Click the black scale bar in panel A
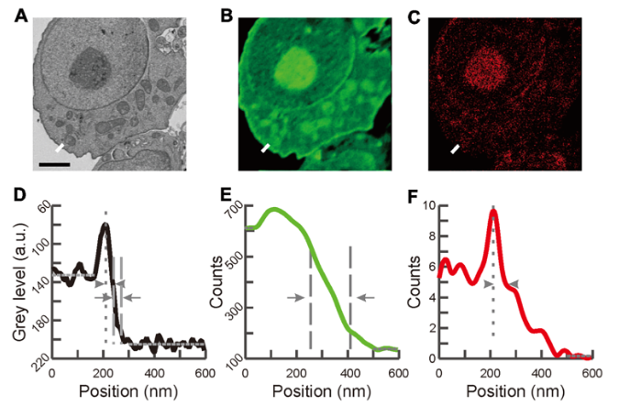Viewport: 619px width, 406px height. pos(54,164)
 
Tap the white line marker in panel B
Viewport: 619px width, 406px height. pos(266,148)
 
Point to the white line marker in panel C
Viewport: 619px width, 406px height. pos(455,148)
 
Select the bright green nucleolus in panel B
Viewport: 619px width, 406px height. pos(295,68)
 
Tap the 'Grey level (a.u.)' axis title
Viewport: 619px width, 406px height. pos(21,281)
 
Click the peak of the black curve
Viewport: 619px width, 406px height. pos(105,225)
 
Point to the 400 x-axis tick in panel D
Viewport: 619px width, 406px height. pos(155,373)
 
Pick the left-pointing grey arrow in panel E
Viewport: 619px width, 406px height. pos(366,298)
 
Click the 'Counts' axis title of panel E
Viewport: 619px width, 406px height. pos(216,281)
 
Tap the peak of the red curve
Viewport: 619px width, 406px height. pos(493,211)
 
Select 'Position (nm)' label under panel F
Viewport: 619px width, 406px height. pos(515,391)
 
